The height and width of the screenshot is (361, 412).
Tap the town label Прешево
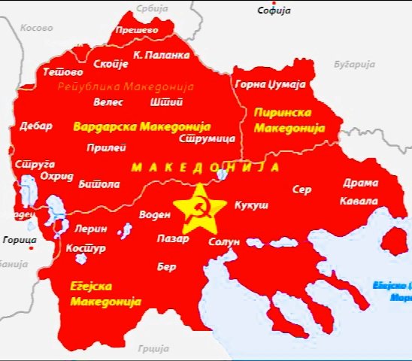(x=135, y=30)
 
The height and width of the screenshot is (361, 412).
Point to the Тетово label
(x=61, y=72)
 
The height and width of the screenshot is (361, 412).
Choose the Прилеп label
(x=101, y=147)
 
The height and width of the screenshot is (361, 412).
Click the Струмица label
(x=208, y=138)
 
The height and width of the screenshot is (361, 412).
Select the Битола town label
(x=98, y=184)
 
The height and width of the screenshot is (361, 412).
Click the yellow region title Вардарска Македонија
(x=141, y=126)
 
